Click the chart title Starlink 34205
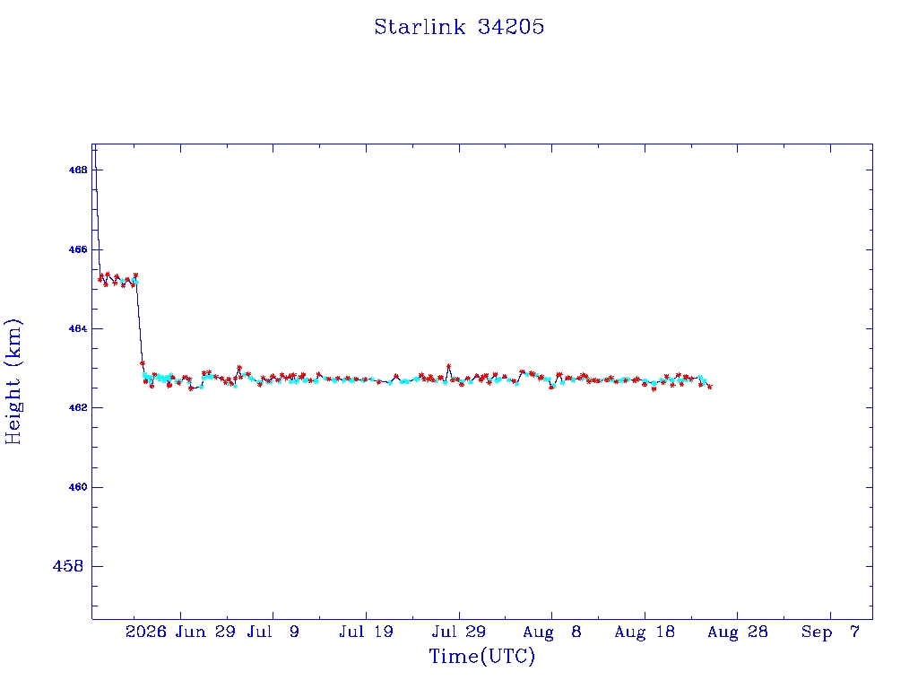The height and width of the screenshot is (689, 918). (x=459, y=27)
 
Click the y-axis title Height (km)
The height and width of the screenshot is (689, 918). (x=13, y=382)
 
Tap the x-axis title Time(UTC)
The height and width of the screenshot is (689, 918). (x=481, y=656)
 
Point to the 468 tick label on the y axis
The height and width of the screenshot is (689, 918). (x=78, y=170)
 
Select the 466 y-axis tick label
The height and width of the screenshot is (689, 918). (x=78, y=249)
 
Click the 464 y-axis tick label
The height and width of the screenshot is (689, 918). (x=78, y=328)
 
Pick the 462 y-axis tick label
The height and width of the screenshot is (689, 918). (x=78, y=408)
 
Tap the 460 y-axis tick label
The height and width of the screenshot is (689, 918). (x=78, y=487)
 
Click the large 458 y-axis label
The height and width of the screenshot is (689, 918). (x=68, y=567)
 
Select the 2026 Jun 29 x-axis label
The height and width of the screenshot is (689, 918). (x=180, y=632)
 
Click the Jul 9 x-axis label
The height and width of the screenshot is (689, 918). (x=273, y=632)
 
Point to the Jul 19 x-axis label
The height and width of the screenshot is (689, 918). (x=366, y=632)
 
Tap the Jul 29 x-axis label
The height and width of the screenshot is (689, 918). (x=459, y=632)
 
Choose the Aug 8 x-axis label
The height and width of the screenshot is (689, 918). (x=552, y=632)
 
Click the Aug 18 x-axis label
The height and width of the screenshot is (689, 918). (x=645, y=632)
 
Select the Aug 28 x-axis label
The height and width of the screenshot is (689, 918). (x=738, y=632)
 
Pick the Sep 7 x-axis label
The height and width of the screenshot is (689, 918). (x=830, y=632)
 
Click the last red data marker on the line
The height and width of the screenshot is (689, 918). (x=710, y=387)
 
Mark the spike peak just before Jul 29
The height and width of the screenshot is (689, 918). (x=448, y=366)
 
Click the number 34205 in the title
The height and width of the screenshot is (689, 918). (x=511, y=27)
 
